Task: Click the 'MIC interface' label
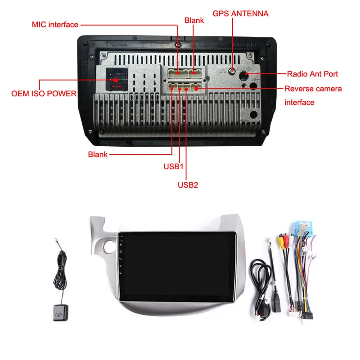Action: pos(55,24)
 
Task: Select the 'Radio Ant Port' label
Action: pos(312,73)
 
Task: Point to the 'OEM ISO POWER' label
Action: pos(44,94)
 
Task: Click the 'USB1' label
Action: pos(174,166)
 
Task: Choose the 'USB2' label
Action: pos(188,184)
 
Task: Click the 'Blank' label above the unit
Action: pos(194,20)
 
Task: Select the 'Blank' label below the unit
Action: pos(98,154)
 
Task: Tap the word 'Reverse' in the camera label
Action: pos(298,89)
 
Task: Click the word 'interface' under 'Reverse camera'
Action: pos(299,103)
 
